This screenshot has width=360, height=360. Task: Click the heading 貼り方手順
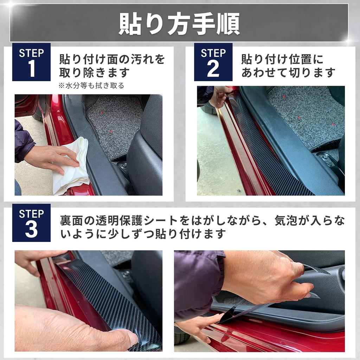pos(179,24)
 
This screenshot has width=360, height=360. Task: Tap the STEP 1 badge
pos(31,62)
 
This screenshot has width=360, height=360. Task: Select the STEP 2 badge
pos(213,62)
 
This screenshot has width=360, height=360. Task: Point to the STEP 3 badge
pos(31,223)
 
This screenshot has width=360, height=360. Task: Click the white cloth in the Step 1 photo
pos(72,165)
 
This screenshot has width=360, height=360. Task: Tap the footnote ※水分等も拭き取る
pos(91,85)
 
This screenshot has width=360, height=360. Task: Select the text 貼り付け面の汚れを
pos(112,59)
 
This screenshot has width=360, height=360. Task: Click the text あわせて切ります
pos(288,73)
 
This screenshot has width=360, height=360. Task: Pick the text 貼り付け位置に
pos(282,59)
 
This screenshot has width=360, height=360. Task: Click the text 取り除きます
pos(94,73)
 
